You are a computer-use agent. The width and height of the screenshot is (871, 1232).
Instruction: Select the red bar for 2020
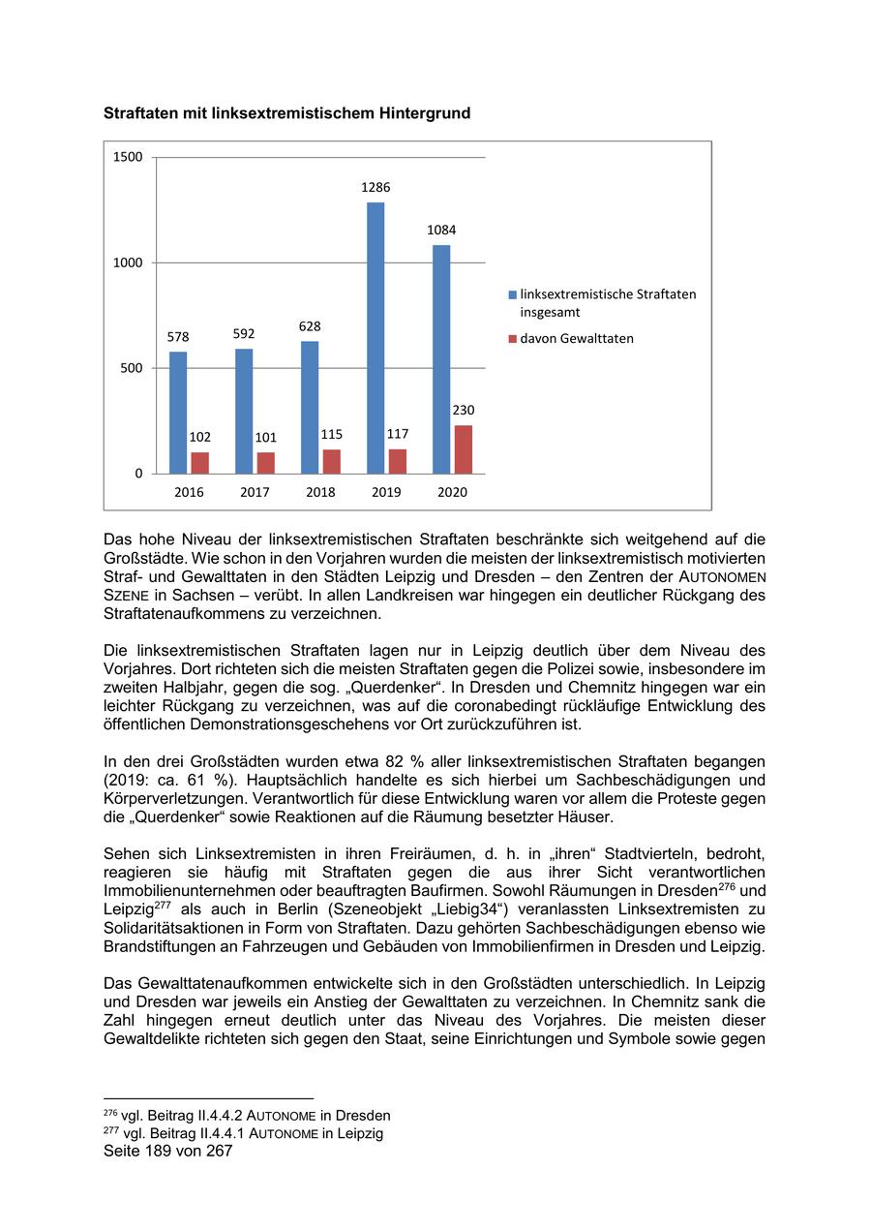coord(464,449)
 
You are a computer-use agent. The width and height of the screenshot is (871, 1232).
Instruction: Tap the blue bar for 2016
coord(178,413)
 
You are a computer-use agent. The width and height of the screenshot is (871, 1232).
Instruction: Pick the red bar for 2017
coord(265,463)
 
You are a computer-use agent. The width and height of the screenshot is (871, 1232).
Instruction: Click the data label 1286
coord(375,188)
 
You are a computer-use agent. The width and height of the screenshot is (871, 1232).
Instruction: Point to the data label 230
coord(464,411)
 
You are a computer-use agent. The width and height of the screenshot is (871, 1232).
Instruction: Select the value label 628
coord(310,327)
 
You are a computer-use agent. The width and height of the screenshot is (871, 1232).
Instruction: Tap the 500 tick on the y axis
coord(133,368)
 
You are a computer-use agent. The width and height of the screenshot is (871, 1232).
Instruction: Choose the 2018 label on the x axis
coord(320,492)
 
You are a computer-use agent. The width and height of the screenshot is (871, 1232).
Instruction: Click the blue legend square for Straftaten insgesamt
coord(512,294)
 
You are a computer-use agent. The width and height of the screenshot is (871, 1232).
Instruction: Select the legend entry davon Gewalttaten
coord(577,339)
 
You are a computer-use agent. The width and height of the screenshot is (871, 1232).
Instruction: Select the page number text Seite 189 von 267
coord(168,1152)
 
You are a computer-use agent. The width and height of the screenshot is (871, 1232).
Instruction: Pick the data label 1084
coord(441,231)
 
